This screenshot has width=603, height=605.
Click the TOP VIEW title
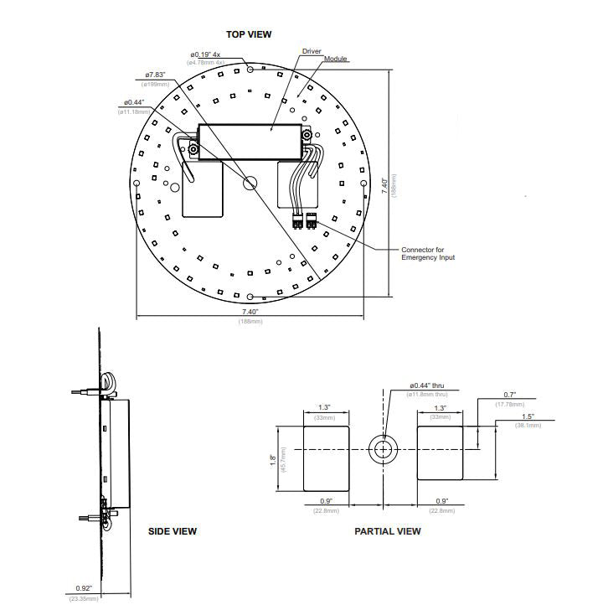[249, 34]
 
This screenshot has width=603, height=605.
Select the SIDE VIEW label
[173, 531]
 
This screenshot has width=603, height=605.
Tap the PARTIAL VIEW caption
[387, 531]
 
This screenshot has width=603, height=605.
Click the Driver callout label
[312, 51]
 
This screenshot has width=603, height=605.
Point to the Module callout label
[336, 59]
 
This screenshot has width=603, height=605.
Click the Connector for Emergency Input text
[428, 253]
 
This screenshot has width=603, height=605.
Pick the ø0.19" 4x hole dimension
[204, 54]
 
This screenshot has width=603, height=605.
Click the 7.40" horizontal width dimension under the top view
[250, 312]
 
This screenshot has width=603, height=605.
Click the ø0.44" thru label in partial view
[428, 386]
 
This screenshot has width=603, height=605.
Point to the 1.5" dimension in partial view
[528, 416]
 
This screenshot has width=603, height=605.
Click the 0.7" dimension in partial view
[509, 394]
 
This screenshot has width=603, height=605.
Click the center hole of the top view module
[250, 183]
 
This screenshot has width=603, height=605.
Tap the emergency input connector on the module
[304, 221]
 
